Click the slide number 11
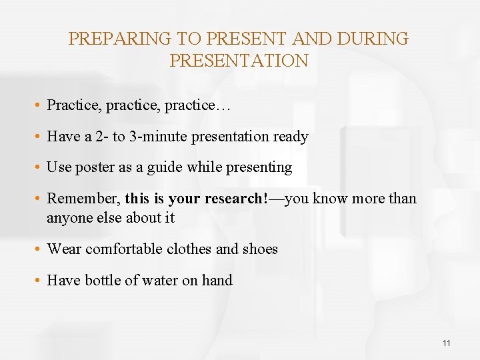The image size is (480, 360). pyautogui.click(x=446, y=343)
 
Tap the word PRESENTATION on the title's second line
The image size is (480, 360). pyautogui.click(x=239, y=61)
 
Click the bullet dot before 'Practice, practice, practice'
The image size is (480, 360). pyautogui.click(x=39, y=106)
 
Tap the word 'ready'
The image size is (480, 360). pyautogui.click(x=291, y=137)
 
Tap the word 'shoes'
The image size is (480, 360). pyautogui.click(x=260, y=249)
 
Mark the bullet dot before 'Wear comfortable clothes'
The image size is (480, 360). pyautogui.click(x=39, y=250)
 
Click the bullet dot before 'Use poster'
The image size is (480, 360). pyautogui.click(x=39, y=168)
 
